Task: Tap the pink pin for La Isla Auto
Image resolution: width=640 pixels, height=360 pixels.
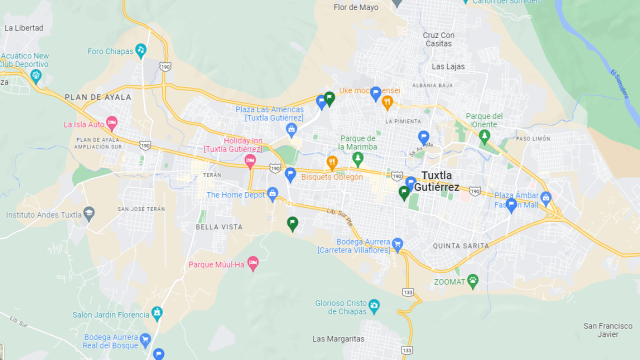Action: click(112, 124)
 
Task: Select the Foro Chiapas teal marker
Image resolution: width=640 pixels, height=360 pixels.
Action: click(141, 50)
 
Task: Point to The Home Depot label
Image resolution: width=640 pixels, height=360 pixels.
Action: click(234, 195)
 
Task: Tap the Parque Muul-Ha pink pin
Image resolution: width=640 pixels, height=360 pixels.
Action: click(252, 264)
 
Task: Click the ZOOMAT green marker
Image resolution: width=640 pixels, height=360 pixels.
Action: click(473, 281)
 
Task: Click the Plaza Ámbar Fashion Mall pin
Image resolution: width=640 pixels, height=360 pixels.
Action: click(511, 205)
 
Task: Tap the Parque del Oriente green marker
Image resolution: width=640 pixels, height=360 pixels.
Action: click(485, 136)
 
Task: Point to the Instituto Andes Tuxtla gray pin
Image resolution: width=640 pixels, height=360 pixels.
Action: click(89, 214)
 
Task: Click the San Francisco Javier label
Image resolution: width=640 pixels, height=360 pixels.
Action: click(608, 331)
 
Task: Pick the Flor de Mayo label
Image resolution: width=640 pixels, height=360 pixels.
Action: click(356, 7)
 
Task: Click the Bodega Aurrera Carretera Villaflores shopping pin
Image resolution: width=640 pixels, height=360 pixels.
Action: click(397, 243)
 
